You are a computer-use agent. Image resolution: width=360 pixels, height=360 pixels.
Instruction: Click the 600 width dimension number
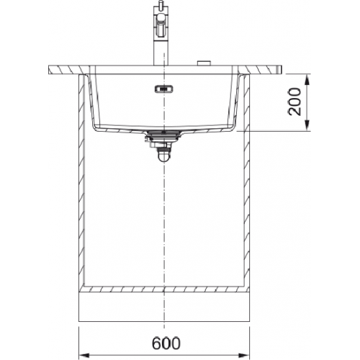pos(166,343)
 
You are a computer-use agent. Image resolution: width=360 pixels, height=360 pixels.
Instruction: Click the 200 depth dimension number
pos(294,102)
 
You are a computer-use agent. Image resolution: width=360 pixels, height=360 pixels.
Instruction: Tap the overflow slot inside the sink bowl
pos(163,89)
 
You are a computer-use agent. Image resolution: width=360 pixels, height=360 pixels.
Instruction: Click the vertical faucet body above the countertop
pos(158,52)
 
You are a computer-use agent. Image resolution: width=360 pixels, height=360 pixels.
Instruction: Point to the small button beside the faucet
pos(204,63)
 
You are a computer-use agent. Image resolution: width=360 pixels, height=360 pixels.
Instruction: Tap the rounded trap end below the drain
pos(163,157)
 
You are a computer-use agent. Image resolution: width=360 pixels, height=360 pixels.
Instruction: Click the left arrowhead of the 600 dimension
pos(84,355)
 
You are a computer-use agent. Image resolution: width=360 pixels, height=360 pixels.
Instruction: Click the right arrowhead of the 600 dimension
pos(245,355)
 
